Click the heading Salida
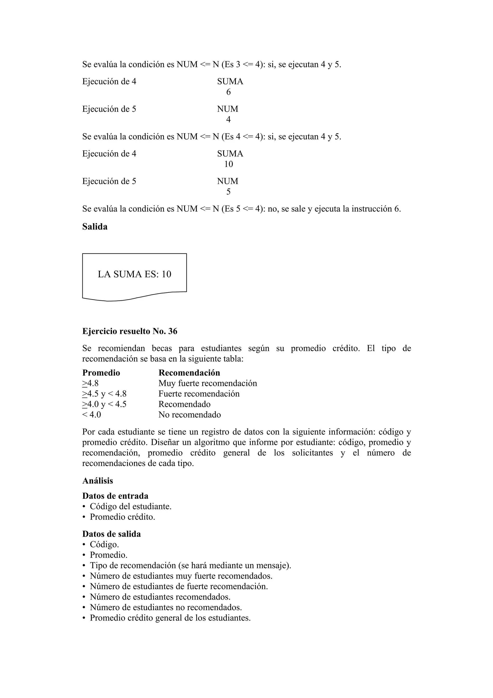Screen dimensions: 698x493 pos(95,227)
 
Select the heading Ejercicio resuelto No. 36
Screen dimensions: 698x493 pos(130,331)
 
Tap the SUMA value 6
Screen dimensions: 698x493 pos(228,92)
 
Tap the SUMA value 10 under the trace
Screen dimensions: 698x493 pos(228,164)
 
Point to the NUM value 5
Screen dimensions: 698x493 pos(228,192)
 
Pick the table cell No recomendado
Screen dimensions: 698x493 pos(189,415)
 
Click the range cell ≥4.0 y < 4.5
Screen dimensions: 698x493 pos(104,404)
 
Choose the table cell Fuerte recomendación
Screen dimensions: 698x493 pos(199,394)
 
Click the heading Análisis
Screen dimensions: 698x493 pos(97,481)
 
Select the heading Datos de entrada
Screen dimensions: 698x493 pos(115,496)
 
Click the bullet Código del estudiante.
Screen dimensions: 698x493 pos(131,507)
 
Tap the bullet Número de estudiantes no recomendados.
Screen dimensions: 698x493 pos(166,607)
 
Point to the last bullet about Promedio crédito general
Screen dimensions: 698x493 pos(170,618)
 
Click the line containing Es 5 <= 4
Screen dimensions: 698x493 pos(241,209)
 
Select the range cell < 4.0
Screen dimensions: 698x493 pos(92,415)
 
